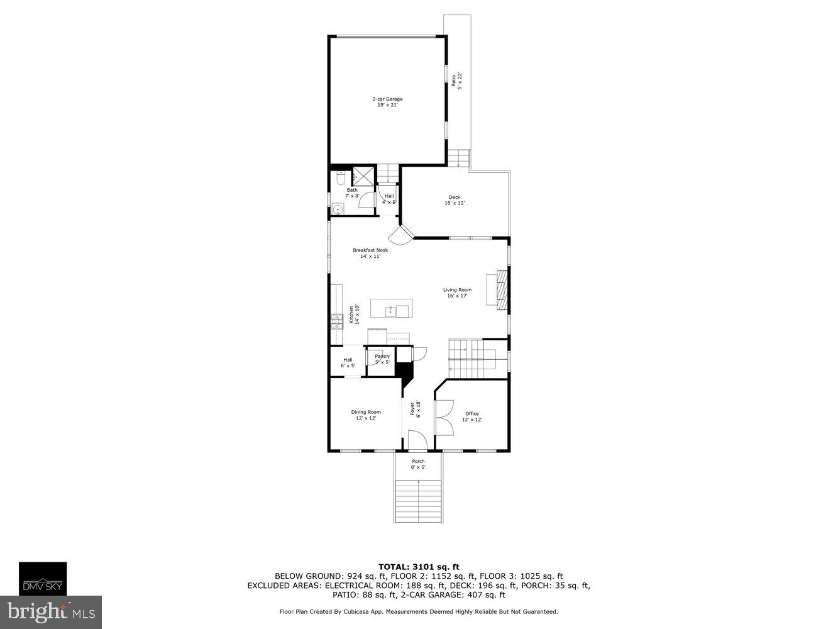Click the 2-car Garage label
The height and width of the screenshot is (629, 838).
pyautogui.click(x=387, y=102)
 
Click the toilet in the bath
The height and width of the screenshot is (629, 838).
pyautogui.click(x=340, y=178)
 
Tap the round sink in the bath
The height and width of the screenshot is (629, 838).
pyautogui.click(x=338, y=210)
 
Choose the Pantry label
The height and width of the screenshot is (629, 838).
pyautogui.click(x=382, y=359)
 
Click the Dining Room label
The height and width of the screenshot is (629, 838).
pyautogui.click(x=366, y=415)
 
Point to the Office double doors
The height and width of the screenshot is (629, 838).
pyautogui.click(x=444, y=418)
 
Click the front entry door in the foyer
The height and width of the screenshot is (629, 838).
pyautogui.click(x=417, y=440)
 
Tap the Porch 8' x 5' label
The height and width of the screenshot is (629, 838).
pyautogui.click(x=418, y=464)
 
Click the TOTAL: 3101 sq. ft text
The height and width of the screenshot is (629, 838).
pyautogui.click(x=418, y=567)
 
